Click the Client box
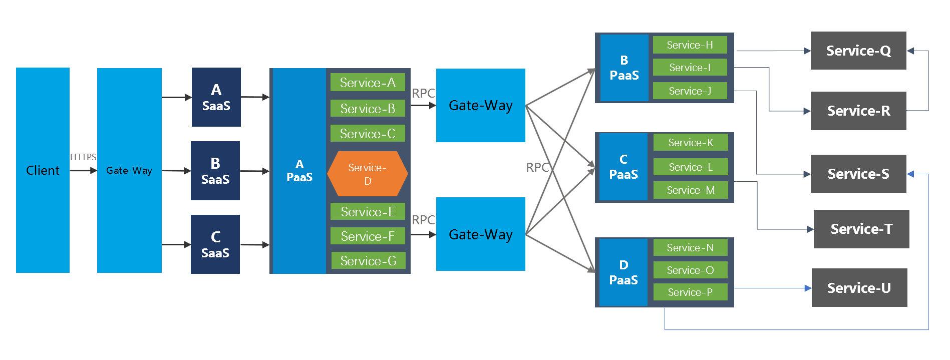pos(43,170)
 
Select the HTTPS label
pos(83,157)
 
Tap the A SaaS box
pos(216,97)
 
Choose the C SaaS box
pos(215,244)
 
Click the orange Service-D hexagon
pos(368,174)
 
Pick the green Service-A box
pos(368,83)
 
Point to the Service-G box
pos(368,260)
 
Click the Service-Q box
pos(858,51)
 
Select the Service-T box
pos(861,229)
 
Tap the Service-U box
pos(859,288)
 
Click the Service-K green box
pos(691,143)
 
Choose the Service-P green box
pos(690,292)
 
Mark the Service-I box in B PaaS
pos(690,68)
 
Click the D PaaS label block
pos(623,272)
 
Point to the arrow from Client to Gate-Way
pos(83,171)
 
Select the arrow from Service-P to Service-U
pos(771,288)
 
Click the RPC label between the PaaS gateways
pos(537,167)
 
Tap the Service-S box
pos(858,174)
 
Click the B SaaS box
pos(215,171)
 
